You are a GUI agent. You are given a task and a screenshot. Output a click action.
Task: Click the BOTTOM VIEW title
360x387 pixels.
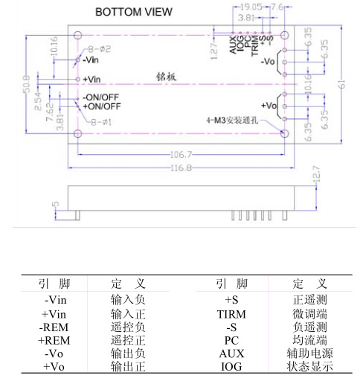134,12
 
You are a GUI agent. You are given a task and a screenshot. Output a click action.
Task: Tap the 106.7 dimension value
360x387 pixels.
181,155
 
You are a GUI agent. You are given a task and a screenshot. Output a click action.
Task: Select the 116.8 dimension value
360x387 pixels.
181,168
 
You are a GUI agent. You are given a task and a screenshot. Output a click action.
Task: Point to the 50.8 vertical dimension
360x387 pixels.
27,84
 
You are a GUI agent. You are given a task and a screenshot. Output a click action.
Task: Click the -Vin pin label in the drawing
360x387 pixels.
91,60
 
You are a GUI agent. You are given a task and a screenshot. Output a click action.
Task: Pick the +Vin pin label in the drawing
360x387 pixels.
91,80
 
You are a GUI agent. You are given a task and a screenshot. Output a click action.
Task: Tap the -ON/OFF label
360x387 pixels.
100,97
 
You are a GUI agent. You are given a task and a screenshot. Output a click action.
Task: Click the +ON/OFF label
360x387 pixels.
102,106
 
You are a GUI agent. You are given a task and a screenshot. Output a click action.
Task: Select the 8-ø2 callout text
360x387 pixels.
99,49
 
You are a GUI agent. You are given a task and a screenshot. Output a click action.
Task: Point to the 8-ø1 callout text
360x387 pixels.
101,122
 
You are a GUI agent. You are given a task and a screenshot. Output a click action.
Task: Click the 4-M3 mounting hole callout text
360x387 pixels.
232,121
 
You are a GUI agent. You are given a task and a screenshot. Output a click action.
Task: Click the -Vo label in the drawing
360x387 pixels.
268,61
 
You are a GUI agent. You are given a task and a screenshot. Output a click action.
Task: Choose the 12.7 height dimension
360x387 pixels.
317,173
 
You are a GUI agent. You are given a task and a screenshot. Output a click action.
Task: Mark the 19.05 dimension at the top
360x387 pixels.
251,7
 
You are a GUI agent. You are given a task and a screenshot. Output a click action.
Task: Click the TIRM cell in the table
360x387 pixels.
231,315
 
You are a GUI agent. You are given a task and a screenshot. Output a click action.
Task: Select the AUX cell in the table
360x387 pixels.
231,354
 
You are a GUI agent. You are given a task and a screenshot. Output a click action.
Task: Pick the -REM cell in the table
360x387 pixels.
54,327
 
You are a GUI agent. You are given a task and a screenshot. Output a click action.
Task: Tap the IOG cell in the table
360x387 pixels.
231,367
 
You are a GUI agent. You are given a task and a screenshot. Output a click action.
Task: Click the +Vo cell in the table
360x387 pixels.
54,367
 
